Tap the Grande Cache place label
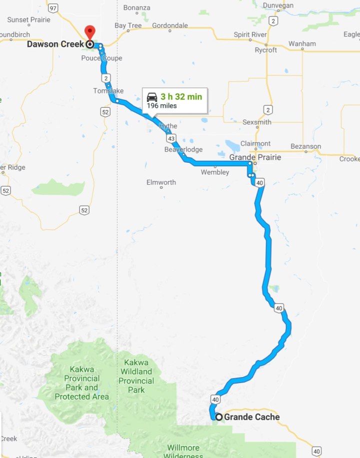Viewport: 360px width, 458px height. click(x=251, y=417)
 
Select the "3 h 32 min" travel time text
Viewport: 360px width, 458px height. click(x=181, y=97)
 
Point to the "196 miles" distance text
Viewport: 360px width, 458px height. click(x=161, y=106)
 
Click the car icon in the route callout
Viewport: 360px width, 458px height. click(x=152, y=97)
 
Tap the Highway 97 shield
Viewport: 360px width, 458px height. click(x=53, y=8)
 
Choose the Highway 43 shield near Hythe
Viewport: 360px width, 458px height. click(x=171, y=138)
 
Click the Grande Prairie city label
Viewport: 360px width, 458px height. click(x=255, y=157)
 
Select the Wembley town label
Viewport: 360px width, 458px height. click(x=215, y=172)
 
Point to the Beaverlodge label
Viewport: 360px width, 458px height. click(x=183, y=149)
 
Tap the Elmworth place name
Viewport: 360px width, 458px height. click(x=161, y=182)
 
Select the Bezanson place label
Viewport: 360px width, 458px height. click(x=305, y=146)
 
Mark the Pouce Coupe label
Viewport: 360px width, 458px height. click(x=101, y=58)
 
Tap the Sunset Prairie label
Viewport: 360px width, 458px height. click(x=28, y=19)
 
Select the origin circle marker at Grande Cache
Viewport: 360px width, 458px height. click(x=218, y=417)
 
